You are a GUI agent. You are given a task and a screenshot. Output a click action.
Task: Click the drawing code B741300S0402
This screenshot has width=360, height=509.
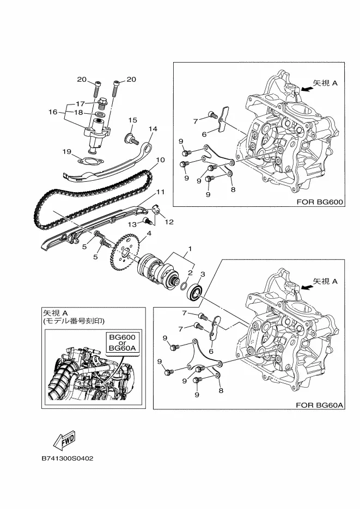coord(68,459)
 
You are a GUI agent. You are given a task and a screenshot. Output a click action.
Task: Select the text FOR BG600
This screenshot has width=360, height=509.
coord(319,202)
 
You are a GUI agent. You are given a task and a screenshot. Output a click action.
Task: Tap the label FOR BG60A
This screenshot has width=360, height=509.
coord(320,405)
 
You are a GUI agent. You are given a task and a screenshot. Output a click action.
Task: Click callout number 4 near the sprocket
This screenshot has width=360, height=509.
coord(149,234)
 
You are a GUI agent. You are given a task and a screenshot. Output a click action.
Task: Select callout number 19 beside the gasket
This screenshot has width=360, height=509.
coord(67,151)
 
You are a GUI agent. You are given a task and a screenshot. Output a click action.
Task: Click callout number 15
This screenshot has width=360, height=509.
coord(132,120)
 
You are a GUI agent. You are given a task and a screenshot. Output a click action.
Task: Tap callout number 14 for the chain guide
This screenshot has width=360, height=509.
coord(152,129)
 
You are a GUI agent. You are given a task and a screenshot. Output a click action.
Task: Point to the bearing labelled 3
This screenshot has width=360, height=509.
coord(196,293)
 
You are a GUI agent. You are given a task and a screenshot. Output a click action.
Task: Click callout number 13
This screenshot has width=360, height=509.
coord(131,224)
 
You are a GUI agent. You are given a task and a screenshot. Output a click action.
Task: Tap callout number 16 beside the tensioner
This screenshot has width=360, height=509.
coord(53,112)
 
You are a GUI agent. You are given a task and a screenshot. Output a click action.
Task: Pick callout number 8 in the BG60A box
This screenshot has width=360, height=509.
coord(221,390)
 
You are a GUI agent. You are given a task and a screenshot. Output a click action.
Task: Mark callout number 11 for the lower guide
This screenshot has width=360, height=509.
coord(160,192)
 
